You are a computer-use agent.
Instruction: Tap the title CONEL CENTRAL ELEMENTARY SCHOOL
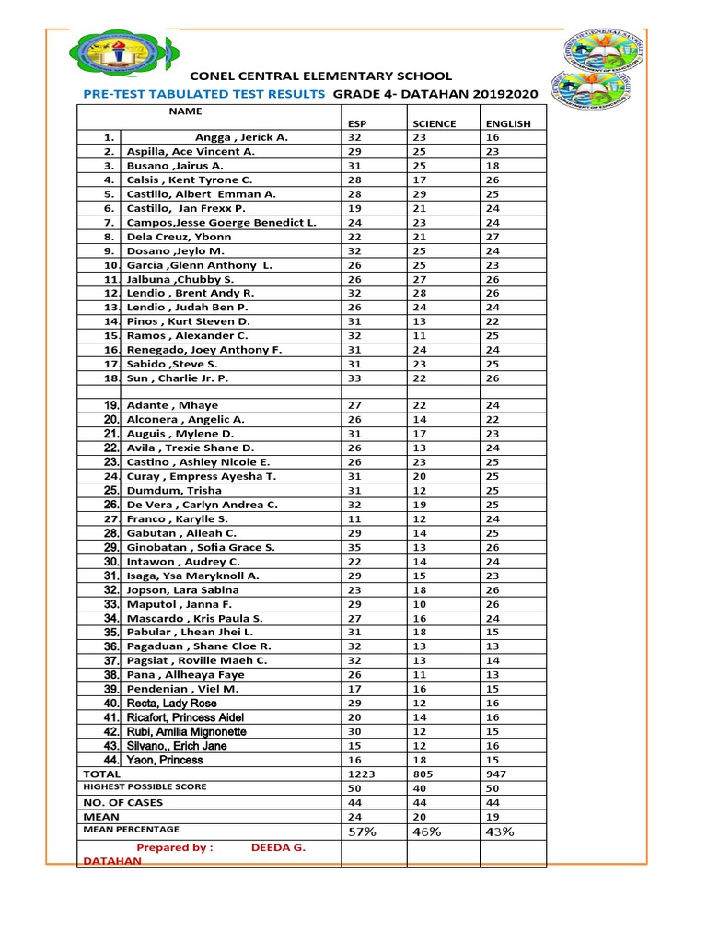click(x=320, y=76)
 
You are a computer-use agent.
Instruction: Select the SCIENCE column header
click(x=434, y=123)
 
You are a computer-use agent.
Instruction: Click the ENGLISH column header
click(x=507, y=123)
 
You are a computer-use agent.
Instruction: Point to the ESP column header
click(x=357, y=123)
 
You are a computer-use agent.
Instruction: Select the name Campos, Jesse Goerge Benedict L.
click(x=221, y=223)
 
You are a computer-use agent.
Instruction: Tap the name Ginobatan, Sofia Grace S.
click(x=201, y=547)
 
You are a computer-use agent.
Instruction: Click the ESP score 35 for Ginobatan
click(x=355, y=547)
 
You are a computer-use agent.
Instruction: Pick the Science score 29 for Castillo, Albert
click(x=420, y=194)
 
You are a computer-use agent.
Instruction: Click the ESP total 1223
click(x=362, y=774)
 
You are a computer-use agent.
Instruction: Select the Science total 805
click(x=423, y=774)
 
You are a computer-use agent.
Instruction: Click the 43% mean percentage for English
click(x=500, y=832)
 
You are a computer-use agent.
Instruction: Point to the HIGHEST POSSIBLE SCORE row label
click(x=145, y=787)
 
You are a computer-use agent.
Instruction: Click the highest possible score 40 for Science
click(x=420, y=789)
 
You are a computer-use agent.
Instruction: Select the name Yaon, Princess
click(x=165, y=761)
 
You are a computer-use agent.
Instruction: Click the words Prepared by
click(x=175, y=848)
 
